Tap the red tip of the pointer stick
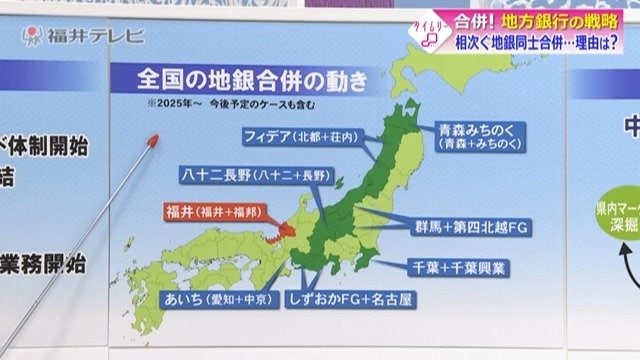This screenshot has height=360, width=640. click(x=155, y=141)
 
